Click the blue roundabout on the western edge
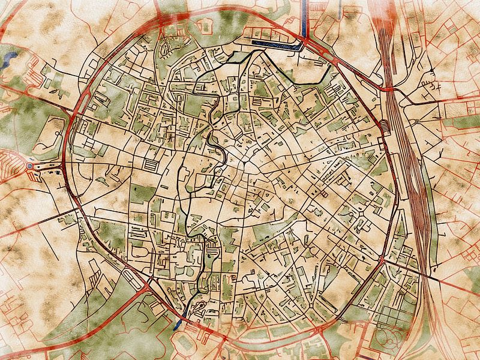(30, 166)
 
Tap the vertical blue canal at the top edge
(304, 15)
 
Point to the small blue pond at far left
(10, 58)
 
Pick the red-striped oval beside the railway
(383, 126)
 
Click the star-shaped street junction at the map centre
(245, 162)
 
